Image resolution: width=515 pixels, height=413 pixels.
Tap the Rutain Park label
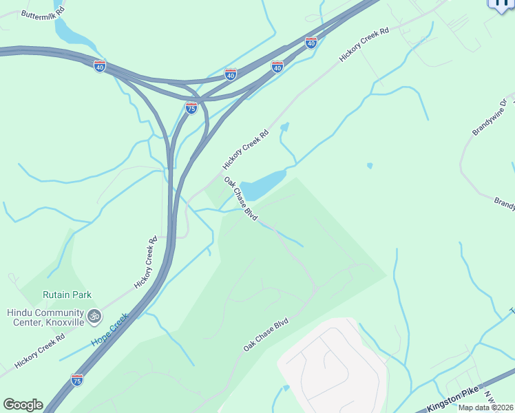click(67, 295)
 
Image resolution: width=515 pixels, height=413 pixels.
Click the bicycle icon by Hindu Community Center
click(94, 317)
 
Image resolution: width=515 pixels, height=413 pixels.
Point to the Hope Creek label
click(109, 330)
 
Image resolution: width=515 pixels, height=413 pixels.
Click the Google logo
click(23, 405)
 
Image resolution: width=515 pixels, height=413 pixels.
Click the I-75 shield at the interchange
click(191, 108)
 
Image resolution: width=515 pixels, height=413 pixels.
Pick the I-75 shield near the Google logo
click(76, 380)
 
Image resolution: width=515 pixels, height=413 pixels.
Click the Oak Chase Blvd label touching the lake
click(241, 198)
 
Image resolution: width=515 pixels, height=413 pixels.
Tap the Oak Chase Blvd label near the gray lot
click(265, 335)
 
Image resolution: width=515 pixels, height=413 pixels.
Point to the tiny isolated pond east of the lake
click(370, 166)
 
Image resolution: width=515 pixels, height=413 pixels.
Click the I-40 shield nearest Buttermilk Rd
click(100, 67)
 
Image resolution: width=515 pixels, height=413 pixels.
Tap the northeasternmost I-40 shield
click(311, 43)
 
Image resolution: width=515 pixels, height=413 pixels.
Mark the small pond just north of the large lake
click(284, 127)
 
